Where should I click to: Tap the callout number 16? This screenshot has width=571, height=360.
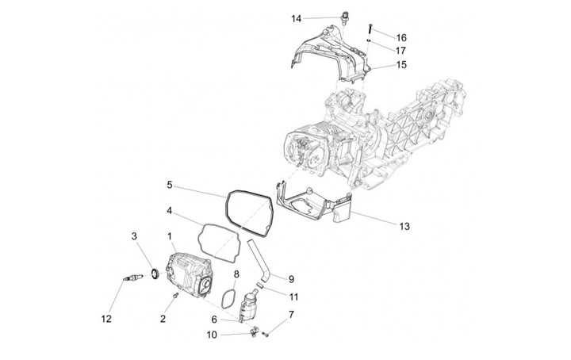[401, 37]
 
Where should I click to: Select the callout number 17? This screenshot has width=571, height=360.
[401, 50]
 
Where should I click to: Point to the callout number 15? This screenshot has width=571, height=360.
[401, 65]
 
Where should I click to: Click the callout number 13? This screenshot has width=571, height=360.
[404, 226]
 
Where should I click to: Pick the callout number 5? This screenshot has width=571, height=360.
[170, 186]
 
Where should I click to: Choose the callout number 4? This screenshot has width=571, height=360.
[170, 211]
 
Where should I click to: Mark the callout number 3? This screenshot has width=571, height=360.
[134, 236]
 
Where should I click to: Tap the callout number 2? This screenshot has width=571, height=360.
[163, 319]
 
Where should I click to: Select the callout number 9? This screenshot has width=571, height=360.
[291, 278]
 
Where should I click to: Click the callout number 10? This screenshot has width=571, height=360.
[212, 335]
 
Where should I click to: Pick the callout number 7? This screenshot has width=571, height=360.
[291, 315]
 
